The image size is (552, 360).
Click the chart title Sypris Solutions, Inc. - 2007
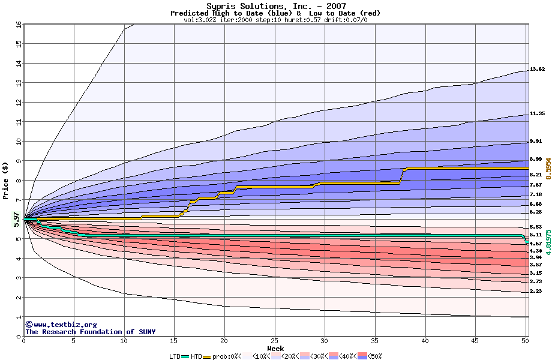pos(276,5)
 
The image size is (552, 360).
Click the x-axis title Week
pos(275,348)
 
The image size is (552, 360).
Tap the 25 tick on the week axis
pos(274,341)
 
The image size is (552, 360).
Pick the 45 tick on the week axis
pos(475,341)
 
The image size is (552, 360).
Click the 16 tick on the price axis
pos(19,24)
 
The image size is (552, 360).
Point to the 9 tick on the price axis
pos(19,161)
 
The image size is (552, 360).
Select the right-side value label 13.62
pos(537,70)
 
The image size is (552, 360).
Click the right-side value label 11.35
pos(537,113)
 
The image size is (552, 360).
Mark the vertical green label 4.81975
pos(548,239)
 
